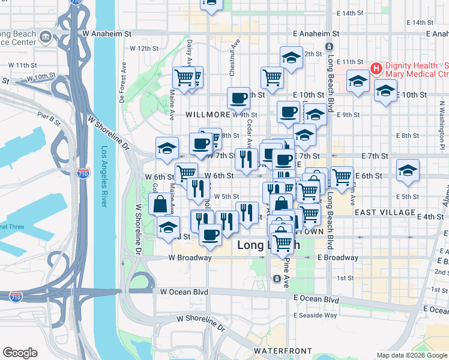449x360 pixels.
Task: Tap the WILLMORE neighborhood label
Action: click(x=208, y=114)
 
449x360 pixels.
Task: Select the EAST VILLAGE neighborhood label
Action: click(x=385, y=212)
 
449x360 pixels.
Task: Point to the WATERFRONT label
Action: click(x=282, y=350)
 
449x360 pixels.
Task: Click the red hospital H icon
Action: click(x=376, y=68)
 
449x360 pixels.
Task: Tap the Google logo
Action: click(x=20, y=353)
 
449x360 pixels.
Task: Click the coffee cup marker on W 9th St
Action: click(x=239, y=97)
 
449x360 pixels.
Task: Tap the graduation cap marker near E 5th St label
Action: click(x=408, y=170)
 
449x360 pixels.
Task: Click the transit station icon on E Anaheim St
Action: click(x=329, y=46)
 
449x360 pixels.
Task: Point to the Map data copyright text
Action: click(x=411, y=355)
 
